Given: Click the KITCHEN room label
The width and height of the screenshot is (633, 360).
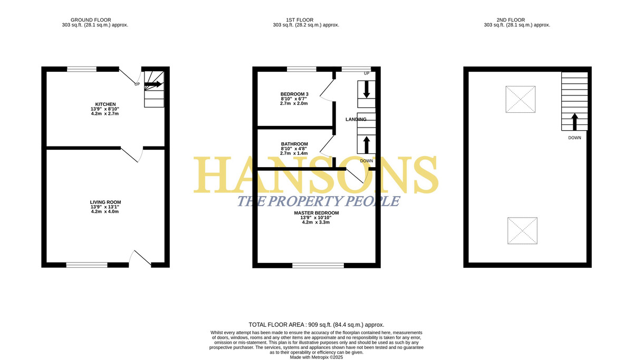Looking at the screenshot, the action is [105, 104].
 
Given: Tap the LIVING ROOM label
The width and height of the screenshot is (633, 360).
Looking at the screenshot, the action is [105, 202].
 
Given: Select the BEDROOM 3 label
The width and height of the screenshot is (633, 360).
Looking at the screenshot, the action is [294, 94].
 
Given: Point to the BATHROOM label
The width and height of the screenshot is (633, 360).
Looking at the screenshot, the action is [294, 144].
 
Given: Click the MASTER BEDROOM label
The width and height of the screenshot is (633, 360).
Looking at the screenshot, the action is [316, 213].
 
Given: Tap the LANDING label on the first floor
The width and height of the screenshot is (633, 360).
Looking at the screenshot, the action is [356, 120].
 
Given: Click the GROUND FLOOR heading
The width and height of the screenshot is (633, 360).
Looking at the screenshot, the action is [91, 20].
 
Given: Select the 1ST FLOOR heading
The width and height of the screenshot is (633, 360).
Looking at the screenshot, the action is [300, 20].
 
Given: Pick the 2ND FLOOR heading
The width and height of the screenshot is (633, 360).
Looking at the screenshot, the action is [511, 20].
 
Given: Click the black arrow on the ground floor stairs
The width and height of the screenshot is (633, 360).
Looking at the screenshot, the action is [153, 84].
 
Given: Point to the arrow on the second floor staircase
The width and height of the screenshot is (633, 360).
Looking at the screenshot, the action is [574, 122].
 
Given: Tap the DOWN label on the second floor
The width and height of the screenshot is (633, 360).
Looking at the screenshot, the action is [574, 138].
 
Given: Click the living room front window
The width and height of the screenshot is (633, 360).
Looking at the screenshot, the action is [87, 265].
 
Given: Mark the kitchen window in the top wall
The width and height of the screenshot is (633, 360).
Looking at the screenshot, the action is [82, 69].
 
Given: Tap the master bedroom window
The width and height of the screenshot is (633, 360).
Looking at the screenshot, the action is [318, 265].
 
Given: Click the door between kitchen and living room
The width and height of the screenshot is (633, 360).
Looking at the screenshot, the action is [129, 154].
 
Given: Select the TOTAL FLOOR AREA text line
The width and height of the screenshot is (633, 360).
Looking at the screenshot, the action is [316, 325].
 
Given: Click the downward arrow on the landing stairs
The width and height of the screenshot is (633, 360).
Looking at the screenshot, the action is [366, 89].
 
